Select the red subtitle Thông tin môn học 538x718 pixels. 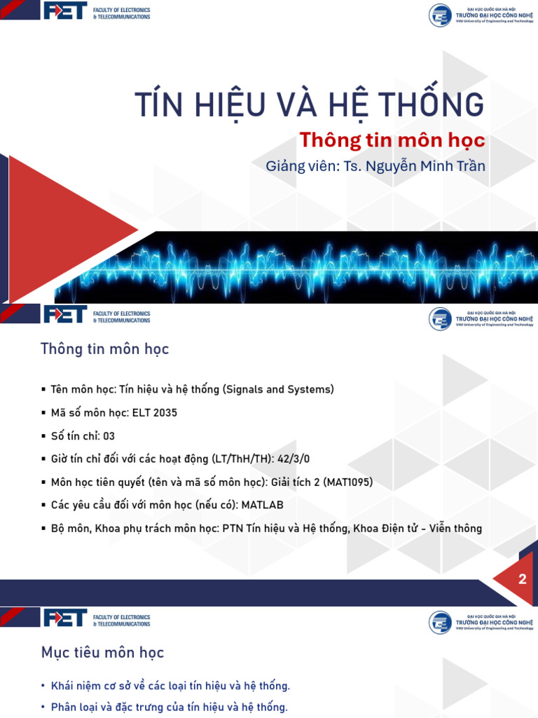click(x=392, y=140)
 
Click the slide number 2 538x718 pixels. click(x=522, y=579)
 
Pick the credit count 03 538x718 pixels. click(x=109, y=435)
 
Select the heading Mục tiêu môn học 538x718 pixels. click(x=102, y=653)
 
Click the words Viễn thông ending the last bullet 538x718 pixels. click(x=456, y=528)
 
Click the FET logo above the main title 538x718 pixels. click(x=64, y=12)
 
